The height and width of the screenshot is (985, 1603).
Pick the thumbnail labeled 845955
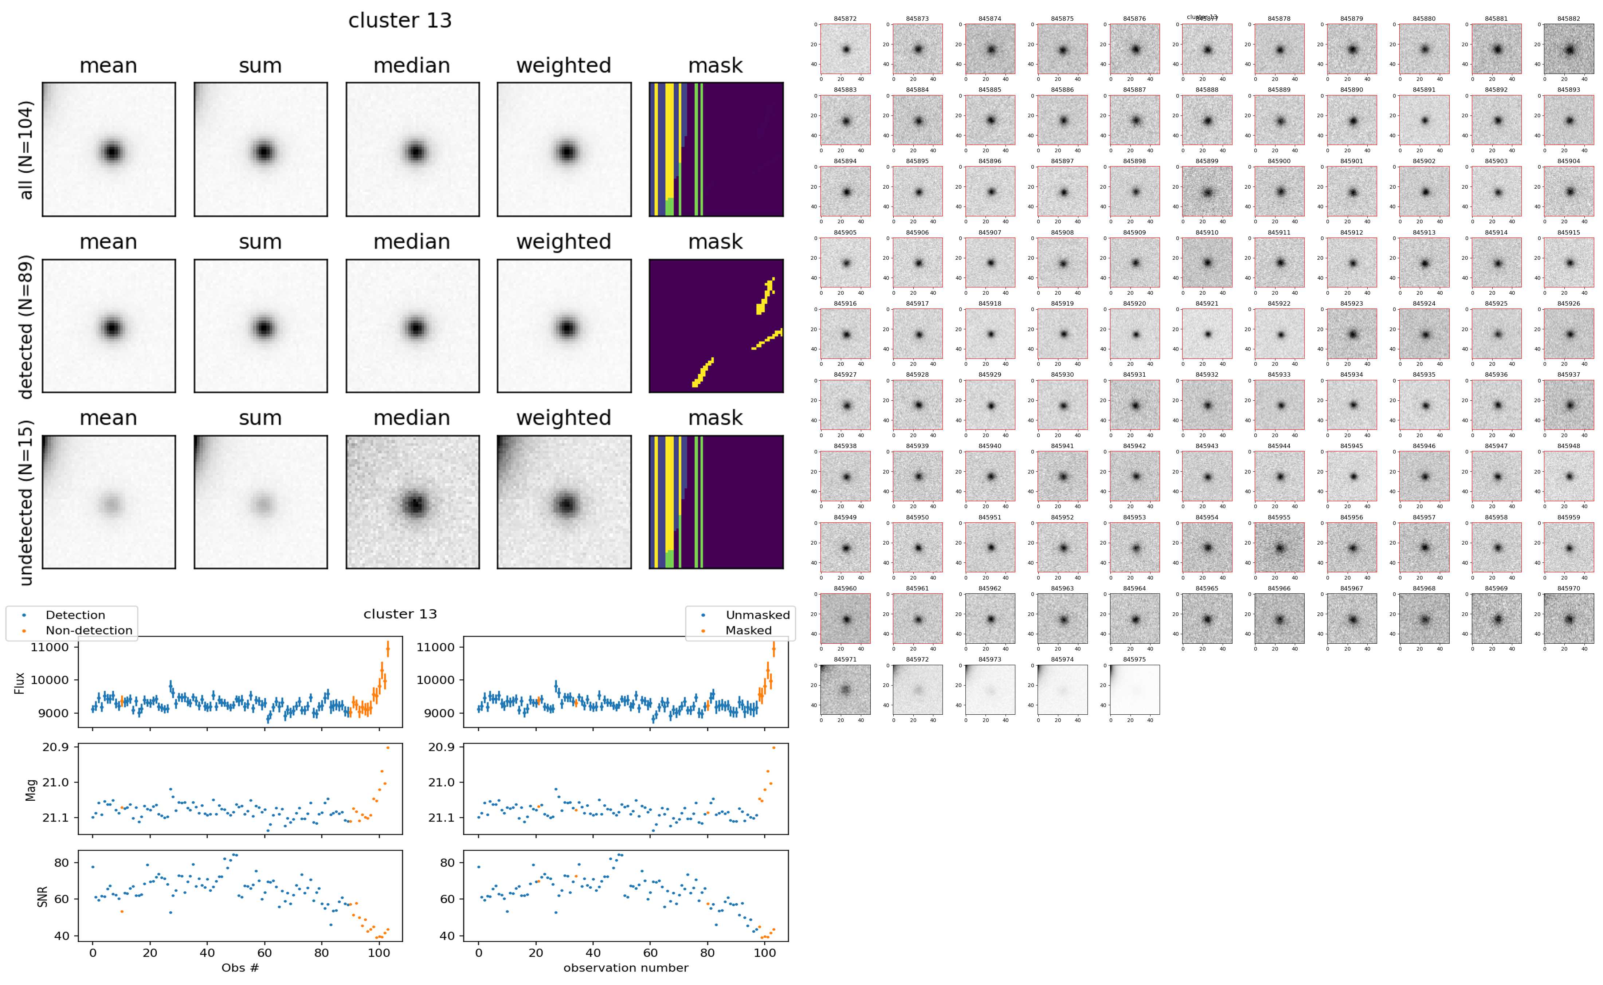[1279, 547]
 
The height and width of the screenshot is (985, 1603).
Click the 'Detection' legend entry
[75, 615]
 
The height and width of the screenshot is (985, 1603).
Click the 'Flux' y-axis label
[20, 683]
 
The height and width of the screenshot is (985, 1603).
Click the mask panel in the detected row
[716, 326]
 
